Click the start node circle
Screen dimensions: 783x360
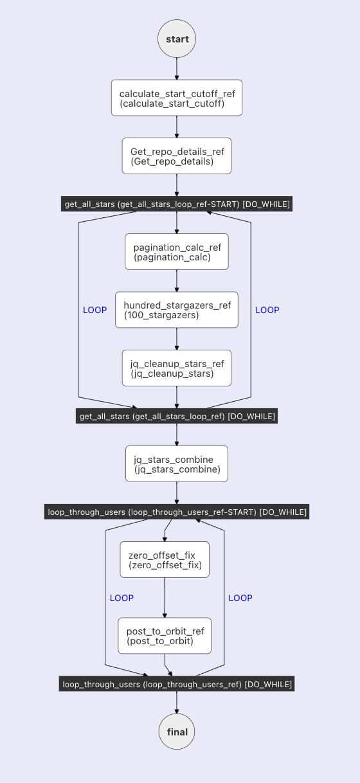177,39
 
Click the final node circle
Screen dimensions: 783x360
177,732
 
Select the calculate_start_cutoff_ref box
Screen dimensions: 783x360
177,98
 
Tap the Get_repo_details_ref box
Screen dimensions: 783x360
177,156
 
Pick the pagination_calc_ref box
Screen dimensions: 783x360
177,251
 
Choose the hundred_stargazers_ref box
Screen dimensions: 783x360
177,309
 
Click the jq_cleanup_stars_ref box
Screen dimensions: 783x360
177,368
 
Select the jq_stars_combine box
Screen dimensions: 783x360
177,464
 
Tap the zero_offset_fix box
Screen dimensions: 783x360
165,559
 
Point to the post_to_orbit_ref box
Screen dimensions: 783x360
165,636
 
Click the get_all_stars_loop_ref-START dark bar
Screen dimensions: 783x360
177,204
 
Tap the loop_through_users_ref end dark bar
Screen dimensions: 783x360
177,684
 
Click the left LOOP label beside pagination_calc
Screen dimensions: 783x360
95,310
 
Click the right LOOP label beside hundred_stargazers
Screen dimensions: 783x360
267,310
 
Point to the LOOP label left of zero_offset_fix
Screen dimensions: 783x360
122,598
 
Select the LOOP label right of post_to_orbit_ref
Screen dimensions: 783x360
240,598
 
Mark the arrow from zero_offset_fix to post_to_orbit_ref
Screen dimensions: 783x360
165,598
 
